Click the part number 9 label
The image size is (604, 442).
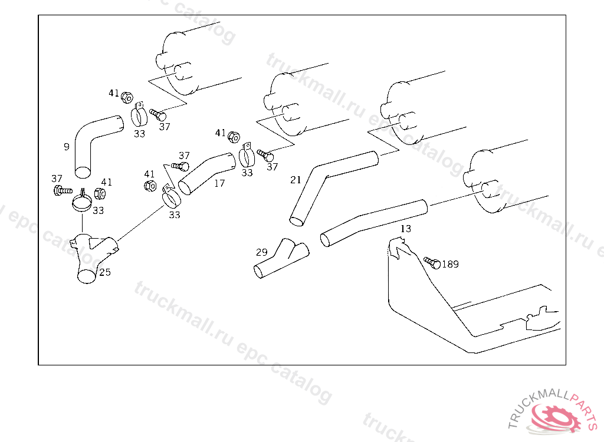coord(67,146)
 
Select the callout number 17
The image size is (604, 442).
coord(219,183)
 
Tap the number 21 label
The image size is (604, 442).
coord(296,179)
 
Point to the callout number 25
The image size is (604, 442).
coord(105,272)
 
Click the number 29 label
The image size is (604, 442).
coord(261,252)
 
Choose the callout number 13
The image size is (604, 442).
coord(406,229)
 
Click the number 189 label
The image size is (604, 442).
coord(450,265)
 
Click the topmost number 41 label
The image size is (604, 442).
coord(114,93)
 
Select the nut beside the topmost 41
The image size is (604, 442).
coord(126,97)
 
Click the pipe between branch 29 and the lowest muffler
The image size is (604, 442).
coord(372,221)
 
